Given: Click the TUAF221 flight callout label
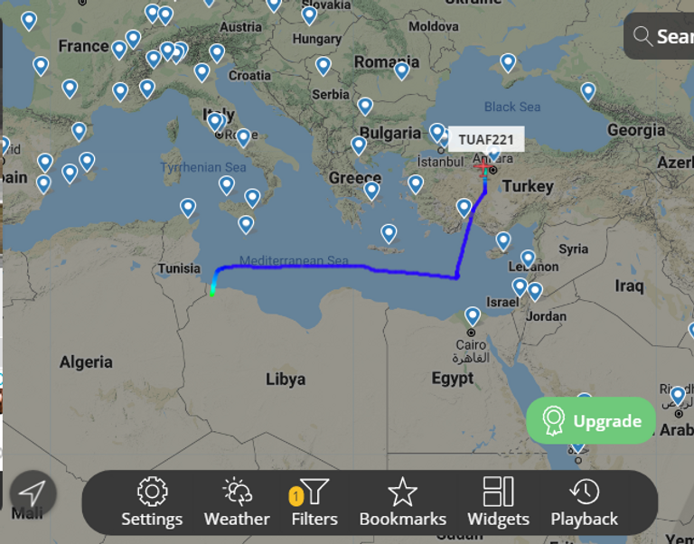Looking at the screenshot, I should [x=485, y=139].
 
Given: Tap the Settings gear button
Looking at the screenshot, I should [x=152, y=502].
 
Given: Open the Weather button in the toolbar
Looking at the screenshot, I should [x=237, y=502].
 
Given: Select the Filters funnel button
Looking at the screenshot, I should [x=314, y=502].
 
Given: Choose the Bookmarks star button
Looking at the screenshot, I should [x=402, y=502].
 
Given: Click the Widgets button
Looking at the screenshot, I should [x=498, y=502].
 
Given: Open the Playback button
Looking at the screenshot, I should [x=585, y=502].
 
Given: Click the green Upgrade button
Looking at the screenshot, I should [x=591, y=421].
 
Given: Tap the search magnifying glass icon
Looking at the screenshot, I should [x=642, y=36].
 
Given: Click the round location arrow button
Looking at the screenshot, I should [x=33, y=493].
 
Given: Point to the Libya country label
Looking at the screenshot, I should [x=286, y=380].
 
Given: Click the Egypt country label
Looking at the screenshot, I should [x=453, y=379].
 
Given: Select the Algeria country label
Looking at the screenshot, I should [x=86, y=362].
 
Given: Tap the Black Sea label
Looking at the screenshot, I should [x=512, y=107].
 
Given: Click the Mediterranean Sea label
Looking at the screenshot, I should [x=294, y=261].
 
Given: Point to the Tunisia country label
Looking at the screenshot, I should [x=179, y=268].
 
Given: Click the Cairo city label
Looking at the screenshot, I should [x=471, y=344].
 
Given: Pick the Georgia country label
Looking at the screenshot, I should [x=636, y=130].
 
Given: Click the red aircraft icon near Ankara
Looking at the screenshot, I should [x=483, y=168].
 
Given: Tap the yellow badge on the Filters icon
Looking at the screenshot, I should [x=295, y=496].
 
